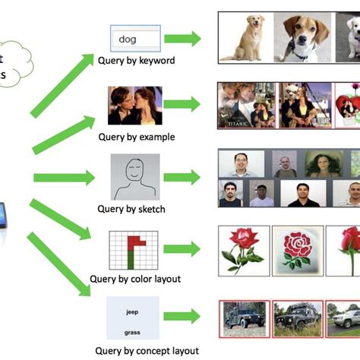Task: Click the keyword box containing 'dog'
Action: coord(136,39)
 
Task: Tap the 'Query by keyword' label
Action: coord(136,60)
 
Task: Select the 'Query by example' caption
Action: coord(136,137)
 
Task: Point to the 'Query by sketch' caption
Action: coord(132,208)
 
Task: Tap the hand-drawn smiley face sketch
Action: coord(135,176)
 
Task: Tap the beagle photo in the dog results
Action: coord(302,36)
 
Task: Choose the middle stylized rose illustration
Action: coord(298,250)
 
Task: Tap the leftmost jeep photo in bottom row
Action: coord(245,317)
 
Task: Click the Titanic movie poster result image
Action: coord(244,106)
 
